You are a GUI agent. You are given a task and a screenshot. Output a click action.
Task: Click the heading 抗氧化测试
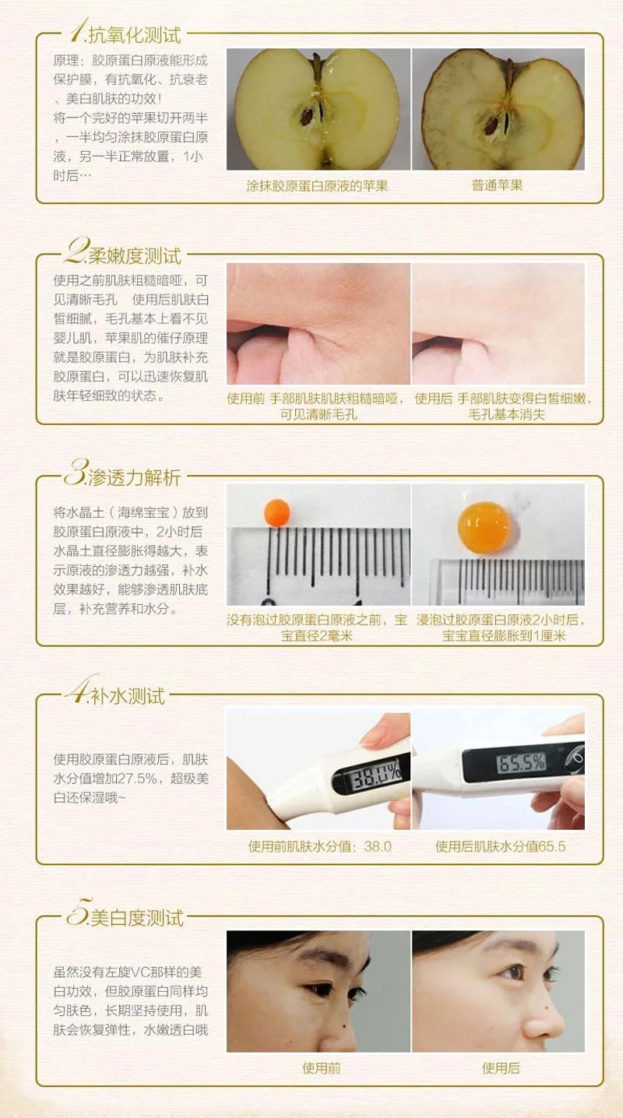point(134,35)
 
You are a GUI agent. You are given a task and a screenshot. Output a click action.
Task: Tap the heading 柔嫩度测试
point(134,256)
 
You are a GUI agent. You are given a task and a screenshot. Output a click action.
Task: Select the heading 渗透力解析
point(134,478)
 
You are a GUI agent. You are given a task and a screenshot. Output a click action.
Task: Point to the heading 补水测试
point(127,696)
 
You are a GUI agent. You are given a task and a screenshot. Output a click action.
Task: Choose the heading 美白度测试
point(137,917)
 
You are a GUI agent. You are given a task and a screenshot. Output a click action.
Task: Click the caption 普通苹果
point(497,185)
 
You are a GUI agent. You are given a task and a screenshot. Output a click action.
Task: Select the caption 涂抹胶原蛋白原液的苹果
point(317,186)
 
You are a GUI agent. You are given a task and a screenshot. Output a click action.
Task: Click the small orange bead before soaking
point(277,512)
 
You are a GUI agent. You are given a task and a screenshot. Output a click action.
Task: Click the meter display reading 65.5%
point(521,763)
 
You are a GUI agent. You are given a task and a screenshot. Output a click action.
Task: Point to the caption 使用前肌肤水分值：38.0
point(320,846)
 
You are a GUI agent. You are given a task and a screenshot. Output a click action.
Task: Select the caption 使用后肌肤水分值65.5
point(500,846)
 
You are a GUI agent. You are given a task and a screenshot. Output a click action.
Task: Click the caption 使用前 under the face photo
point(322,1068)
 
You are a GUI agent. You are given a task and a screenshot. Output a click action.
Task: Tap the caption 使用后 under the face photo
point(501,1068)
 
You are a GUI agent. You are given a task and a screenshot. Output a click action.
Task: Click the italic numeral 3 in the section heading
point(76,472)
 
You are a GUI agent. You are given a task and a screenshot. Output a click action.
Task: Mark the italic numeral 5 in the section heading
point(79,912)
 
